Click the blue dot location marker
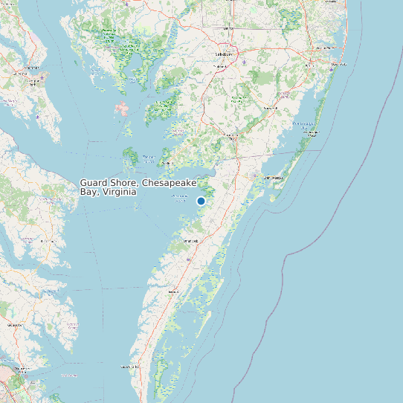click(x=201, y=201)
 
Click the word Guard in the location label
click(x=93, y=182)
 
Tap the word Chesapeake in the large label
click(x=169, y=182)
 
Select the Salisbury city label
click(x=224, y=54)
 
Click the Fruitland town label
click(x=220, y=67)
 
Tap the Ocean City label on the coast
click(x=324, y=49)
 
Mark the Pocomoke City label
click(x=233, y=137)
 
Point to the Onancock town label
click(x=191, y=241)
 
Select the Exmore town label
click(x=174, y=292)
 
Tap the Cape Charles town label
click(x=130, y=366)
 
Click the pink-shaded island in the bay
click(x=121, y=109)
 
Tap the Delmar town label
click(x=228, y=28)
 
